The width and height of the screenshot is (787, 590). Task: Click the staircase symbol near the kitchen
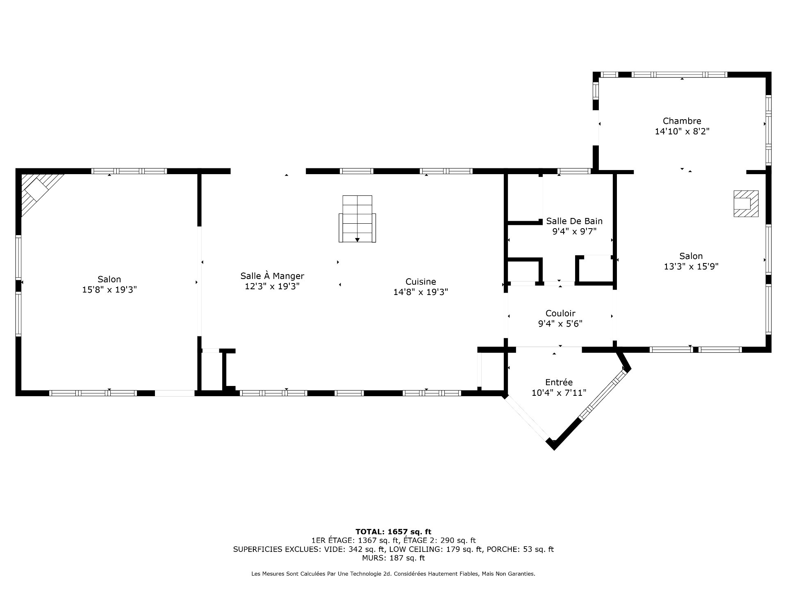(x=357, y=219)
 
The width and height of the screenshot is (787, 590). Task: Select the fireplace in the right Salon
(x=746, y=204)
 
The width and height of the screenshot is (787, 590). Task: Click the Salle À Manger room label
(x=272, y=276)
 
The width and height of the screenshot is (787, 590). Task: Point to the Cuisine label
(x=421, y=281)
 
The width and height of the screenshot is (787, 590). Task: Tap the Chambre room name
(x=682, y=121)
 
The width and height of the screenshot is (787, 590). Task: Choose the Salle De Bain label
(x=574, y=221)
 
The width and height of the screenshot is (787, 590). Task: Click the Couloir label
(x=560, y=313)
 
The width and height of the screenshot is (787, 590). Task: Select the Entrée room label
(x=559, y=382)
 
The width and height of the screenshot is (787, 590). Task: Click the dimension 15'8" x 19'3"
(x=109, y=290)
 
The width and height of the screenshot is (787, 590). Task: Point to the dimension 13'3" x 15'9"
(x=691, y=266)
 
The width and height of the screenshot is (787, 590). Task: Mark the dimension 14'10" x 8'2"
(x=682, y=132)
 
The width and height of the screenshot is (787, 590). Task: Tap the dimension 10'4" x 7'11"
(x=559, y=393)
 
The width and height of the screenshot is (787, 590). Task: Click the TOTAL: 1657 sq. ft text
(x=393, y=532)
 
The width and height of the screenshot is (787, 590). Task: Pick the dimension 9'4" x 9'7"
(x=574, y=231)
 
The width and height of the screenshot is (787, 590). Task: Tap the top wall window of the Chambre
(x=679, y=75)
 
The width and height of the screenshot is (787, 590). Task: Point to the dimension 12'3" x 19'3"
(x=272, y=286)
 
